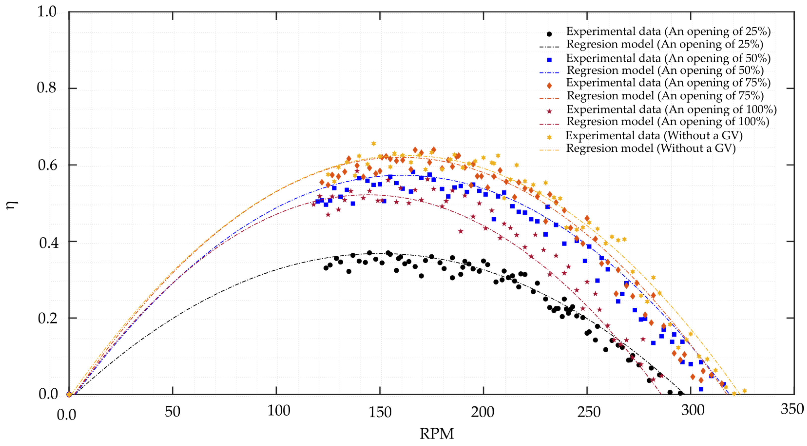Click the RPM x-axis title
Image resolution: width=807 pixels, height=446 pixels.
tap(436, 434)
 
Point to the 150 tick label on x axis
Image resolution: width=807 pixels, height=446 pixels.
tap(380, 412)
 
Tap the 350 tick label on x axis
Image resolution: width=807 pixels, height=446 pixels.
tap(792, 409)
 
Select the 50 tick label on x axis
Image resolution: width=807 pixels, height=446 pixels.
tap(173, 411)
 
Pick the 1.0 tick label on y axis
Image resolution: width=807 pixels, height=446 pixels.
tap(47, 12)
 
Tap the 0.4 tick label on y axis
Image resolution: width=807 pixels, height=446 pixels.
tap(48, 243)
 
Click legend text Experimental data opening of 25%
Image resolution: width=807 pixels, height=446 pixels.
tap(668, 31)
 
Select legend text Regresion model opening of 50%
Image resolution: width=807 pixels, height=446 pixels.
tap(665, 71)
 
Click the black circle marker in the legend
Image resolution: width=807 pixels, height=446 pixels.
tap(549, 34)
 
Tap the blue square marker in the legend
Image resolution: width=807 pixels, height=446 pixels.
tap(549, 60)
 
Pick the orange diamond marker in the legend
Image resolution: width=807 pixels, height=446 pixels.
tap(549, 85)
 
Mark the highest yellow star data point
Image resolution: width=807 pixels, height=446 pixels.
tap(373, 143)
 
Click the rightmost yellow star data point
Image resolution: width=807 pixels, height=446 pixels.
tap(745, 391)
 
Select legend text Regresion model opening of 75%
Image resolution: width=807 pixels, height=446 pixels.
tap(665, 96)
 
